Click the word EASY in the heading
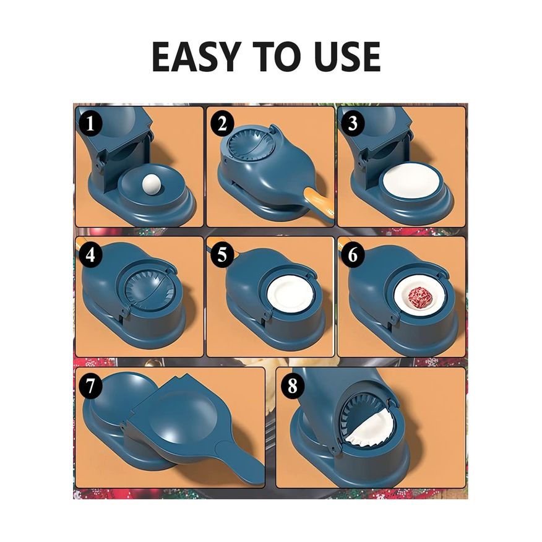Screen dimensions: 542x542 coord(195,57)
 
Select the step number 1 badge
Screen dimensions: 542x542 coord(90,123)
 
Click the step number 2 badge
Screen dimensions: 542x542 coord(222,124)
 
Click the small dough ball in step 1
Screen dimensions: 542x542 coord(150,182)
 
